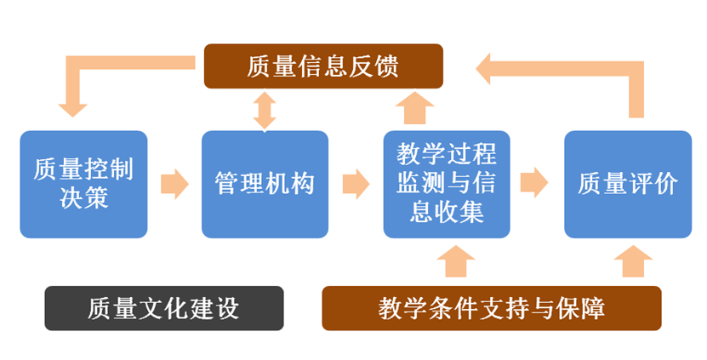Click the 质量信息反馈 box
323,66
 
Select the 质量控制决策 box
83,183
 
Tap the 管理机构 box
265,183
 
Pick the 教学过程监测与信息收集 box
447,183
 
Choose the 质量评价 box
628,183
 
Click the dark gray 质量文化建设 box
163,308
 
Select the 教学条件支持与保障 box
492,308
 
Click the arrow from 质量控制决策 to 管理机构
174,183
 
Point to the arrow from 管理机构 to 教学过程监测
356,183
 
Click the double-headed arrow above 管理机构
265,110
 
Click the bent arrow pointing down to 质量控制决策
81,77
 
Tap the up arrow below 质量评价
631,262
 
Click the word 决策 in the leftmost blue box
83,198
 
